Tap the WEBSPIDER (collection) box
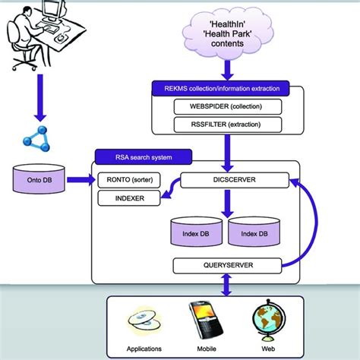click(x=226, y=106)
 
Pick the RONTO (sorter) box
click(x=131, y=180)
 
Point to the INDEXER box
click(x=131, y=197)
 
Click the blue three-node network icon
click(x=37, y=139)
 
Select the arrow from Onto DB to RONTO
click(x=80, y=180)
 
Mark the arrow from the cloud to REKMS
click(x=226, y=68)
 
